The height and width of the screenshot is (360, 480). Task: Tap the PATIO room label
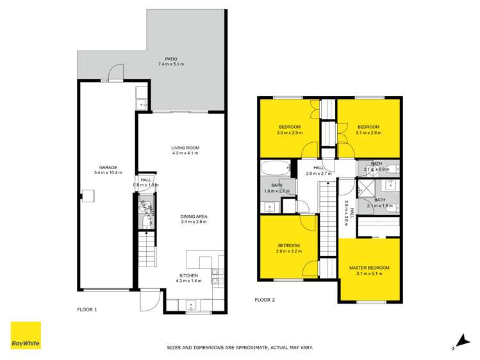(x=170, y=59)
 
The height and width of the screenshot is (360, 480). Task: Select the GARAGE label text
(x=99, y=167)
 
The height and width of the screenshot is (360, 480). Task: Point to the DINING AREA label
(x=194, y=217)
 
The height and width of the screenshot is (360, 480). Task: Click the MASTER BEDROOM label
(x=369, y=267)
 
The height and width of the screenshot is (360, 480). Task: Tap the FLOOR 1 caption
(x=87, y=309)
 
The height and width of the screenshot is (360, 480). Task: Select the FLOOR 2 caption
(x=265, y=299)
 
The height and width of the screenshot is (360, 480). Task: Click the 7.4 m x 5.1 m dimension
(x=170, y=64)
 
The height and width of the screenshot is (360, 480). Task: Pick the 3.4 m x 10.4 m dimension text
(x=99, y=173)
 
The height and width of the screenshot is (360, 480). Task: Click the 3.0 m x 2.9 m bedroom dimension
(x=289, y=133)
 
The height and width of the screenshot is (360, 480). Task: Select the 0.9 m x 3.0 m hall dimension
(x=346, y=210)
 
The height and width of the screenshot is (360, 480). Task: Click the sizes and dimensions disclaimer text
(x=240, y=347)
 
